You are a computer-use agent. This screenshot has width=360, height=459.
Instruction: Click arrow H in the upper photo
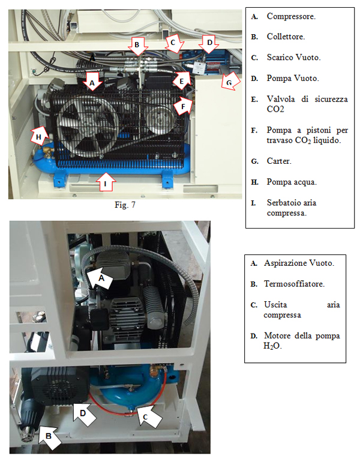(40, 136)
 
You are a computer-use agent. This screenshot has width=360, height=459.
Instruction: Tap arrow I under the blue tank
(106, 182)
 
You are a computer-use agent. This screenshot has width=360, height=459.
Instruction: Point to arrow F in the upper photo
(182, 105)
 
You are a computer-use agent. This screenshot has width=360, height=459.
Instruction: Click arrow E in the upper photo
(181, 80)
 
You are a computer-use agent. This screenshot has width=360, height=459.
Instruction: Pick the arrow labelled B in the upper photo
(137, 46)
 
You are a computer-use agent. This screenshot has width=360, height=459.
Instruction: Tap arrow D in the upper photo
(209, 44)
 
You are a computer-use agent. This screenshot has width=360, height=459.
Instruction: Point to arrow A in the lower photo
(100, 277)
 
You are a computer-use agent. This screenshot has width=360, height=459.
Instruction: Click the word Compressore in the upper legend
(291, 16)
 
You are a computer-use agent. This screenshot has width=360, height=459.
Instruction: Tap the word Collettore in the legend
(286, 37)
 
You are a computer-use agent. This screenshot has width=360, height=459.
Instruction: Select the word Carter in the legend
(279, 161)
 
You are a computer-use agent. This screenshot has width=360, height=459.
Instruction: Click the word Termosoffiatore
(294, 284)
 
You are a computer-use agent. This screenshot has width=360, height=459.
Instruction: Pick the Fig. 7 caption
(125, 205)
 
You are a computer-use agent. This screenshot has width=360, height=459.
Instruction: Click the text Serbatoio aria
(292, 203)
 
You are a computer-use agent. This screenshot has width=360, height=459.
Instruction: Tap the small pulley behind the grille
(160, 121)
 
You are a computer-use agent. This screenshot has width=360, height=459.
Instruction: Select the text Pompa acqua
(292, 182)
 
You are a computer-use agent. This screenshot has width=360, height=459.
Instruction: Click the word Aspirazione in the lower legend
(286, 263)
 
